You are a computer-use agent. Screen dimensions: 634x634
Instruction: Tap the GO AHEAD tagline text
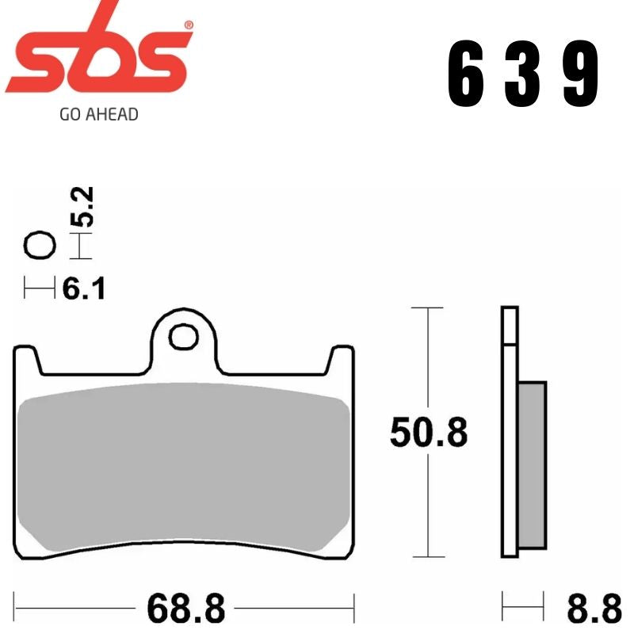[x=99, y=114]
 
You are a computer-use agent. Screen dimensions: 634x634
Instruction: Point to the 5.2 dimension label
[x=83, y=208]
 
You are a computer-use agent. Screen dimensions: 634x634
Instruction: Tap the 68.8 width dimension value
[x=185, y=609]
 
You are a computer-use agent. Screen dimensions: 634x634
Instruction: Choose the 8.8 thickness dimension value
[x=594, y=609]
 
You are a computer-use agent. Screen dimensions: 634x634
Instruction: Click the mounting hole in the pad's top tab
[x=184, y=337]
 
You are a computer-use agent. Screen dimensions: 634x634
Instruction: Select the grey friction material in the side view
[x=533, y=464]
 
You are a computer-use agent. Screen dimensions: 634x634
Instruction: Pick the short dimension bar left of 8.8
[x=523, y=609]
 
